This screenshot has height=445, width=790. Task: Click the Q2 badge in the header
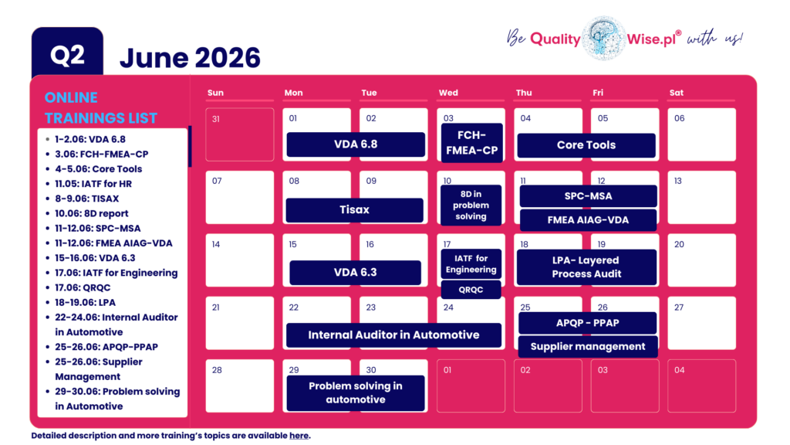click(x=67, y=55)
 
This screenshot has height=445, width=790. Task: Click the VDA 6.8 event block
click(x=356, y=144)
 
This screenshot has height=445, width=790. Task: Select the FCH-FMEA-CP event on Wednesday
click(x=471, y=143)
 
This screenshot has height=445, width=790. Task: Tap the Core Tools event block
click(x=586, y=145)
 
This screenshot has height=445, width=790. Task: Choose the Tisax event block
click(x=354, y=210)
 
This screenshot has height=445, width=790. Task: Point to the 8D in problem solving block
click(x=471, y=206)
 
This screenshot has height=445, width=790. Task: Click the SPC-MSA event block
click(x=588, y=196)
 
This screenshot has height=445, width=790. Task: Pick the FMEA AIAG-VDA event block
click(x=588, y=220)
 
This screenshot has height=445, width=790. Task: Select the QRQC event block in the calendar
click(x=471, y=290)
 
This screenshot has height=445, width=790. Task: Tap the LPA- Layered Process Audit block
click(x=586, y=267)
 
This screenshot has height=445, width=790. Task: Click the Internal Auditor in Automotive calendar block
click(x=393, y=335)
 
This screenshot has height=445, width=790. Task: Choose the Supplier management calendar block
click(x=588, y=347)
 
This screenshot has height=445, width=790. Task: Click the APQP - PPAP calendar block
click(x=588, y=323)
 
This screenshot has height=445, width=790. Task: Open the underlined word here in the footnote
click(x=299, y=436)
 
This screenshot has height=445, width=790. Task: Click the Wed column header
click(x=448, y=93)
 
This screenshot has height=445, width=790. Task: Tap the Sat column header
click(x=677, y=93)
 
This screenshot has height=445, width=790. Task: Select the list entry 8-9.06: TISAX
click(x=86, y=199)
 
